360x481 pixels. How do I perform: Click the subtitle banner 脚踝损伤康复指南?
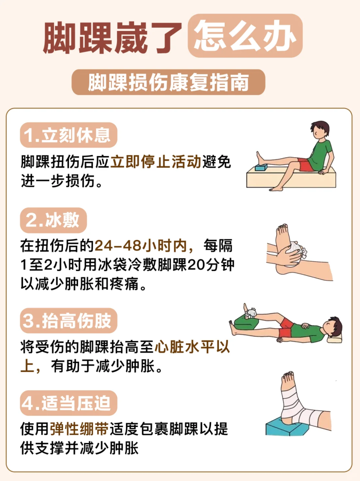pos(168,82)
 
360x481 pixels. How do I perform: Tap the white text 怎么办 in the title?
pos(245,36)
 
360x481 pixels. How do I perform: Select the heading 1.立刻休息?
pos(69,135)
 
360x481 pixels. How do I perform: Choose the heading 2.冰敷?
pos(54,220)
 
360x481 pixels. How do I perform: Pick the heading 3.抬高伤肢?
pos(69,320)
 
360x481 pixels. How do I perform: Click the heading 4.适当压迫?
pos(69,403)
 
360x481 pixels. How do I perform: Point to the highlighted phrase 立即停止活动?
pos(156,162)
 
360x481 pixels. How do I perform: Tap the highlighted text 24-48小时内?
pos(141,246)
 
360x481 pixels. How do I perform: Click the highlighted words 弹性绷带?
pos(79,429)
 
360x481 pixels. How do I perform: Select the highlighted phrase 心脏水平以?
pos(192,347)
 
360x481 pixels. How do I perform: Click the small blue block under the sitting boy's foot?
pos(261,168)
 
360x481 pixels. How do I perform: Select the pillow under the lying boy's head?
pos(334,338)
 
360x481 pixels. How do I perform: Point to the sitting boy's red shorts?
pos(305,165)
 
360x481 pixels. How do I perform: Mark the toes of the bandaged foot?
pos(288,375)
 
